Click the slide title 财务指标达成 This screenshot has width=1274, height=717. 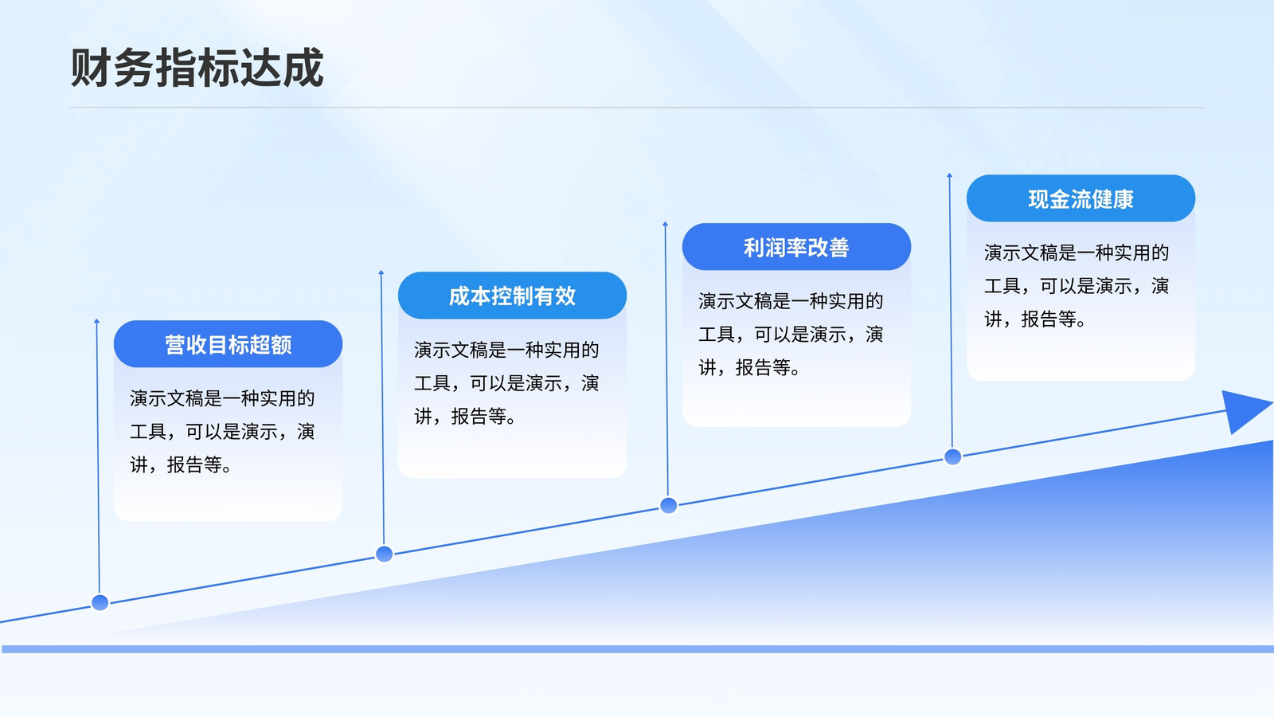tap(197, 68)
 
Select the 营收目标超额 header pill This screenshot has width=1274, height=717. tap(228, 344)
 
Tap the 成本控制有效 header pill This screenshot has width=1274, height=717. tap(513, 296)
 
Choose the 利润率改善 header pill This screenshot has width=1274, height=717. tap(796, 247)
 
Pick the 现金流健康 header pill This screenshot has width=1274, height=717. tap(1081, 198)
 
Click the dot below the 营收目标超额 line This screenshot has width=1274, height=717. tap(100, 602)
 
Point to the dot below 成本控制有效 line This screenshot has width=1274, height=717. tap(385, 554)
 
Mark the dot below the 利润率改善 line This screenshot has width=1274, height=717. tap(668, 505)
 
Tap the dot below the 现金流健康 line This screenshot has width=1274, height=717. tap(952, 456)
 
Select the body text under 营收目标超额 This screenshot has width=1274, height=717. tap(222, 431)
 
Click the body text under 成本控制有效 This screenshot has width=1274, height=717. tap(506, 383)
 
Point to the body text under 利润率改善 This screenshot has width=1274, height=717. tap(791, 335)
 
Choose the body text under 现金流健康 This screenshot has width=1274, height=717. tap(1076, 286)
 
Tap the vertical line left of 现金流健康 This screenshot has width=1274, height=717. tap(951, 311)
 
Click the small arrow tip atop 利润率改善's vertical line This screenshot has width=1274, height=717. tap(666, 223)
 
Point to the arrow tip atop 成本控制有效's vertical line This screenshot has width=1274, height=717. tap(381, 272)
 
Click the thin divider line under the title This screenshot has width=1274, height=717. tap(637, 107)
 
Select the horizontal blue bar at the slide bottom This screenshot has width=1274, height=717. tap(638, 649)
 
